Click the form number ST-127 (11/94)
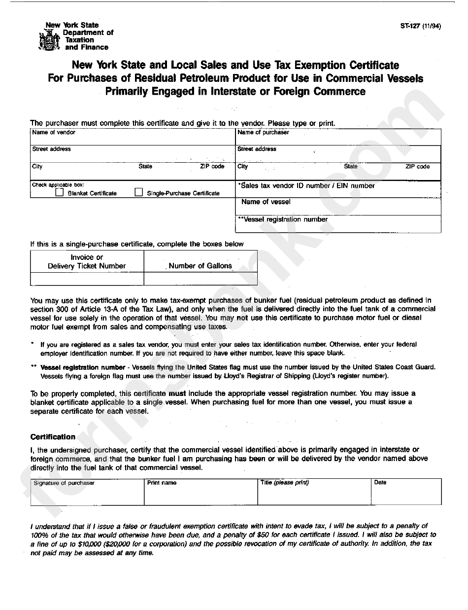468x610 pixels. coord(420,27)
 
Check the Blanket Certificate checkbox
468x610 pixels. coord(59,193)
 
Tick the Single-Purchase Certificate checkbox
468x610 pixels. coord(139,192)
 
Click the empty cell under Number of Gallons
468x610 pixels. coord(200,279)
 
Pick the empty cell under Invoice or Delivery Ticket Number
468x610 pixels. coord(87,279)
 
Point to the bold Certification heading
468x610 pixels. coord(53,437)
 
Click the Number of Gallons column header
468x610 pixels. coord(200,266)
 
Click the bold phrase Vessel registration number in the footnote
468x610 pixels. coord(83,367)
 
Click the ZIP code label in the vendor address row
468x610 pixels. coord(212,167)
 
